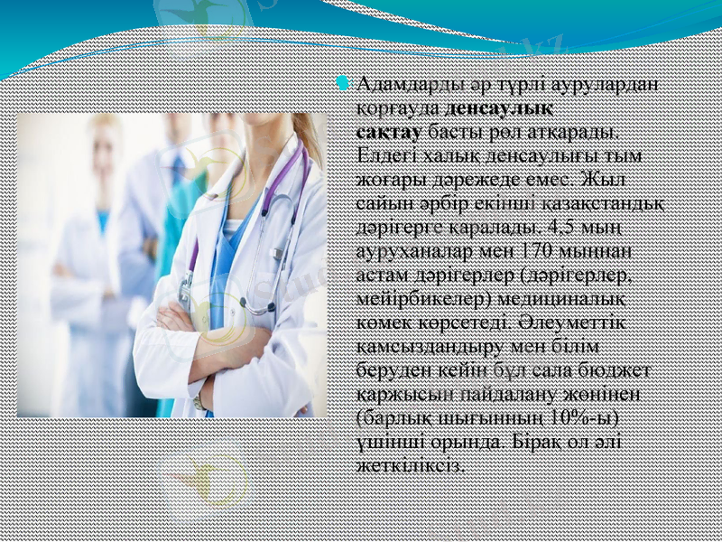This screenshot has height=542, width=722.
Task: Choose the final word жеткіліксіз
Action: pyautogui.click(x=412, y=464)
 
